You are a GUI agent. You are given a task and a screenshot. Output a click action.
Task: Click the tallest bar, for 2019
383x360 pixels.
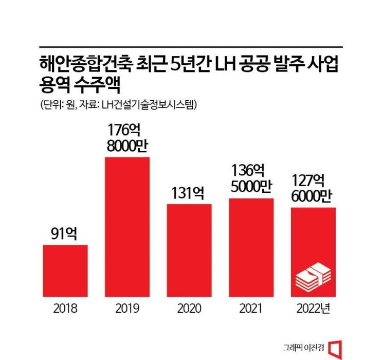click(127, 226)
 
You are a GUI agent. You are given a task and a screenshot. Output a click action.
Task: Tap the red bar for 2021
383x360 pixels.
click(251, 247)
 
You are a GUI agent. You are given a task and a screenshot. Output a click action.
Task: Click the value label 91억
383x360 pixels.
click(65, 234)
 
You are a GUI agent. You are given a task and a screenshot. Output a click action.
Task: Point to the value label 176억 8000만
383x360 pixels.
click(127, 136)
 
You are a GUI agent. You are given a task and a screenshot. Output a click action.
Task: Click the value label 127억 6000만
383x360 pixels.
click(313, 189)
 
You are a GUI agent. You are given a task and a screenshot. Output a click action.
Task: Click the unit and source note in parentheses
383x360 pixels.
click(118, 104)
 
